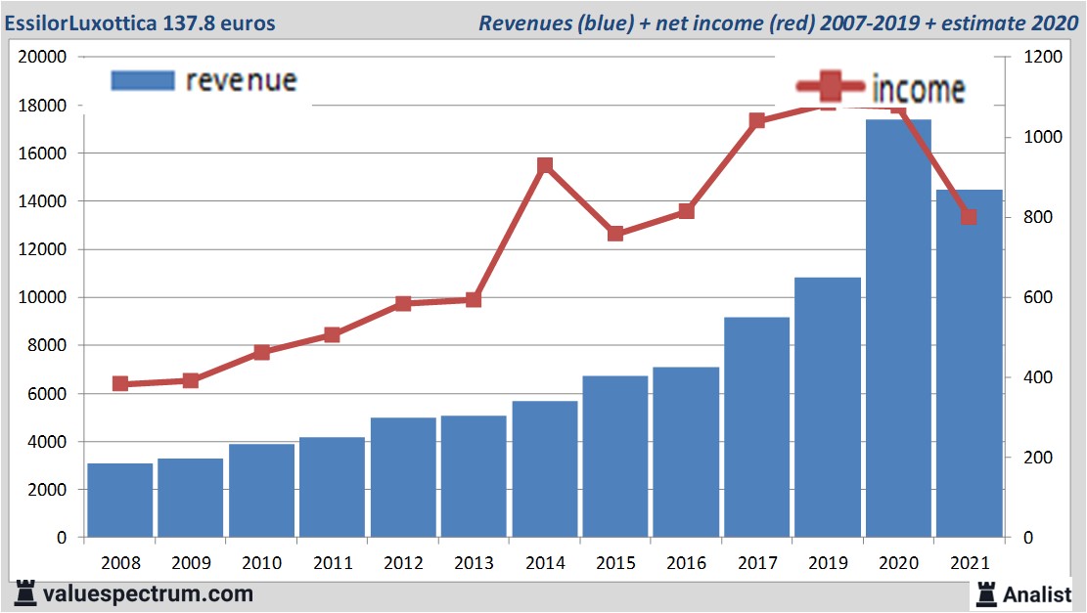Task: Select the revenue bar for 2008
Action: pyautogui.click(x=120, y=501)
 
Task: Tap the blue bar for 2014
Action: pyautogui.click(x=545, y=469)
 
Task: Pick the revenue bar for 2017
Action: pyautogui.click(x=756, y=427)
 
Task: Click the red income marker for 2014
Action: pyautogui.click(x=545, y=166)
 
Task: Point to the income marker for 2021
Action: pyautogui.click(x=969, y=217)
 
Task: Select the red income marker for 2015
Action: pyautogui.click(x=615, y=234)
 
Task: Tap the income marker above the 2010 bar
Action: pyautogui.click(x=261, y=352)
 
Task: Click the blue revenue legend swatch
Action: pyautogui.click(x=143, y=80)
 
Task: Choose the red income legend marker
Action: pyautogui.click(x=831, y=88)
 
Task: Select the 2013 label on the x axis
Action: pyautogui.click(x=475, y=564)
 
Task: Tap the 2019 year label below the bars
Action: pyautogui.click(x=827, y=564)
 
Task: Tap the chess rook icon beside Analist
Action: pyautogui.click(x=986, y=593)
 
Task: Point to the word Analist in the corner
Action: pyautogui.click(x=1037, y=594)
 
